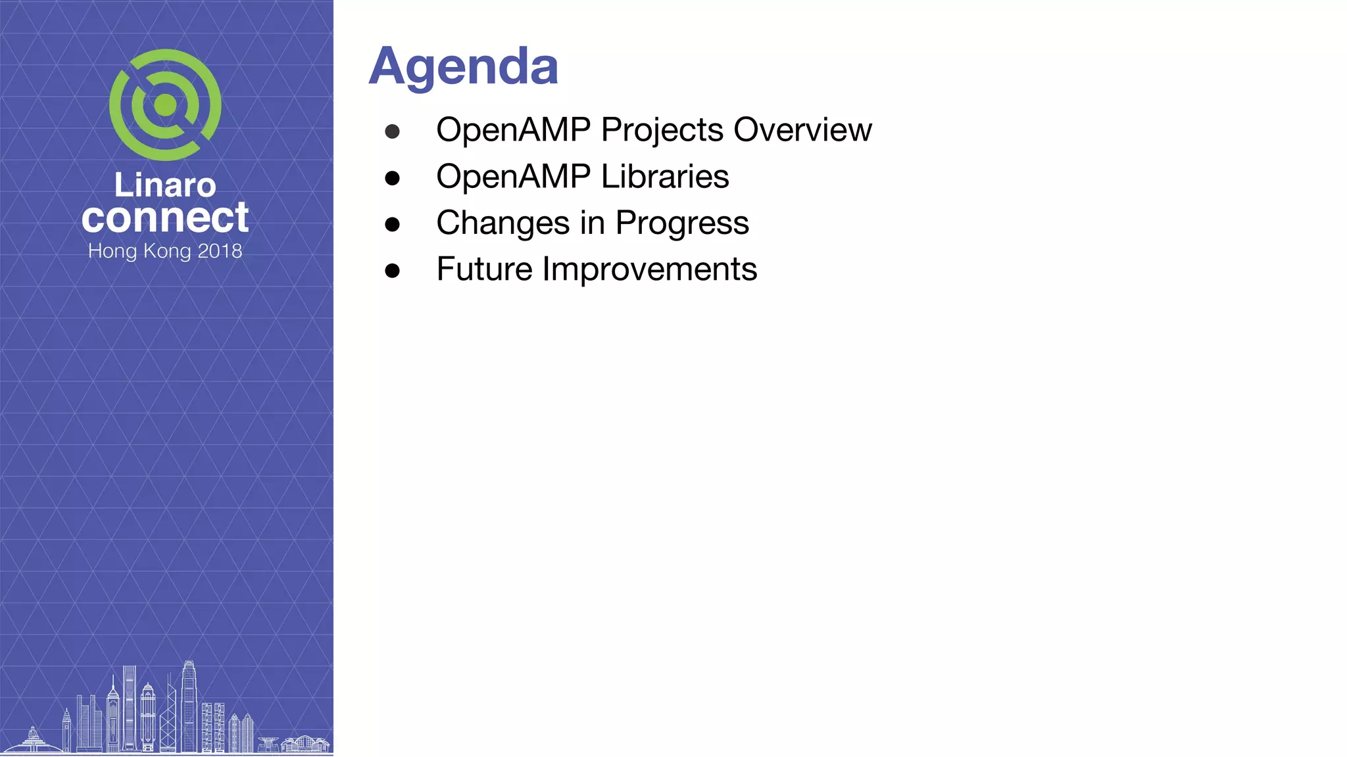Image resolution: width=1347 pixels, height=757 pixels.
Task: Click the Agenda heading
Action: (x=463, y=66)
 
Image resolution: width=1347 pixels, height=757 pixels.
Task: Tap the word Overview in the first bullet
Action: (x=802, y=129)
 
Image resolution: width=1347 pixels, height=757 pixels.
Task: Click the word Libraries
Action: (x=664, y=176)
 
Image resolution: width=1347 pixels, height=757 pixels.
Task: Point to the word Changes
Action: (x=502, y=223)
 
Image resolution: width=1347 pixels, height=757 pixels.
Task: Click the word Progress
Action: (x=682, y=223)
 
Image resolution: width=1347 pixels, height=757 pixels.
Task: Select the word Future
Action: (x=484, y=269)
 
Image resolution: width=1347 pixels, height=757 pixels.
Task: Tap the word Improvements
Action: (x=649, y=269)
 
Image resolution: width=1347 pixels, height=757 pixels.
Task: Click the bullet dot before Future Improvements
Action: (x=393, y=271)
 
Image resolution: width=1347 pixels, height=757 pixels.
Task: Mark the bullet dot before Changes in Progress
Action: (x=393, y=224)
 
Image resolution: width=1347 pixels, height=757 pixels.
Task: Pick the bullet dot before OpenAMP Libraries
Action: (x=393, y=178)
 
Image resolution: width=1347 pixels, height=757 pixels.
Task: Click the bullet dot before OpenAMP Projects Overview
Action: (x=393, y=131)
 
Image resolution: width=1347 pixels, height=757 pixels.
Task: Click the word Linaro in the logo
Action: (x=165, y=185)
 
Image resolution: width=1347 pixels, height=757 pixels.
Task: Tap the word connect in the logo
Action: (x=165, y=218)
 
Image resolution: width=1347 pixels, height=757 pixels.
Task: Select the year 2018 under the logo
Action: (x=220, y=251)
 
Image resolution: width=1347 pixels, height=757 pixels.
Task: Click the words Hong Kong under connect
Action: (x=139, y=251)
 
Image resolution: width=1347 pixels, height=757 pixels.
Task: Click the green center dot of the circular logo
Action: (x=165, y=105)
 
